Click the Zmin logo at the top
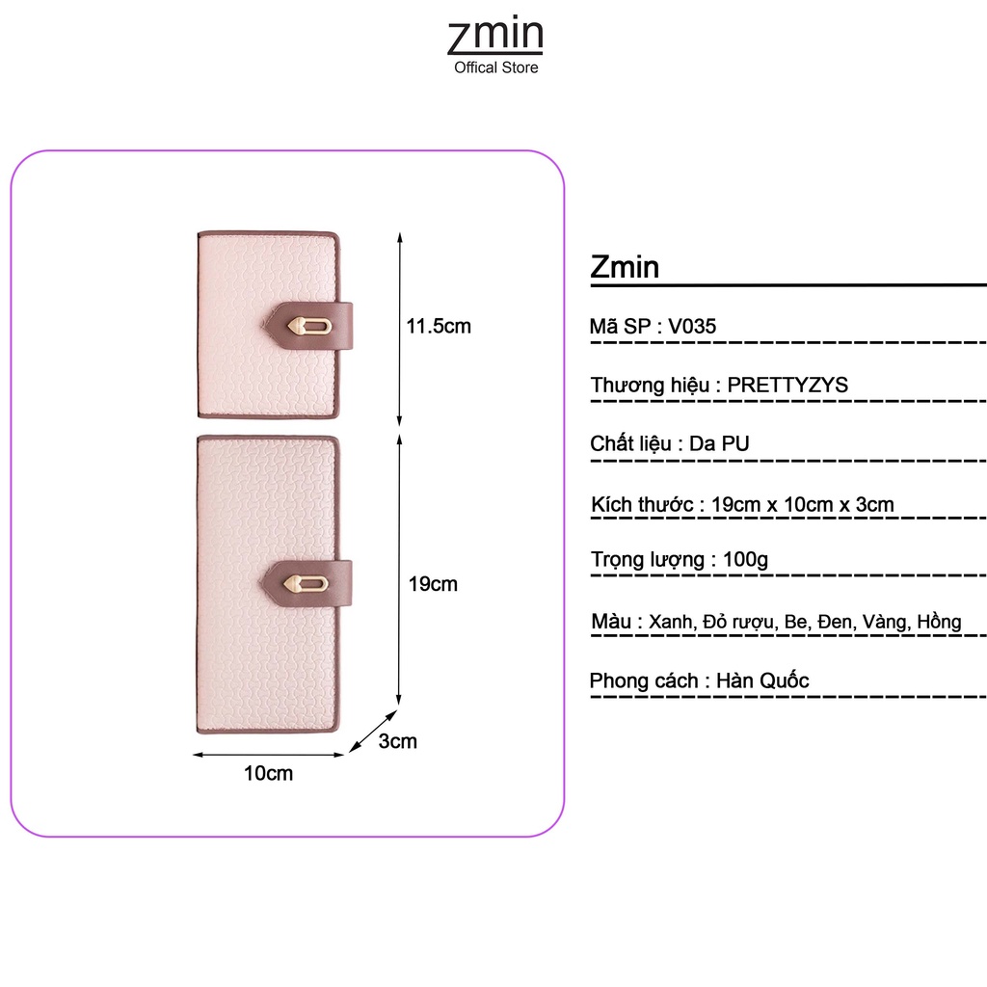495,36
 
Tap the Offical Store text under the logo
496,67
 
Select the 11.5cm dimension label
439,326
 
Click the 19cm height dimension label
433,584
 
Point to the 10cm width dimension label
268,773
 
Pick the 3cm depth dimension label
397,741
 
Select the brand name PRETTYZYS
787,386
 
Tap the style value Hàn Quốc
762,680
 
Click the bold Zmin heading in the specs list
625,267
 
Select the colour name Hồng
939,622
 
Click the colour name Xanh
670,622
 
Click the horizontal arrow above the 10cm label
268,755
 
